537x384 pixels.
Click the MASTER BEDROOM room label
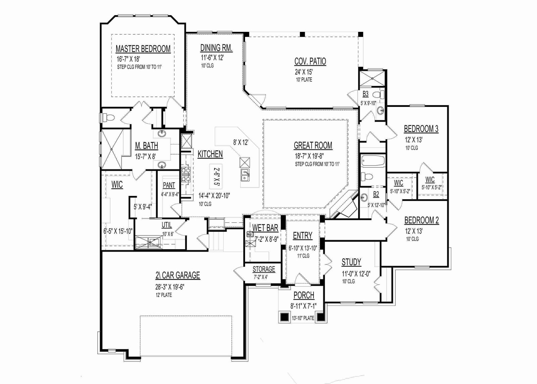coord(143,49)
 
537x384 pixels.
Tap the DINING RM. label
coord(216,48)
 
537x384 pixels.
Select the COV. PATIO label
coord(310,61)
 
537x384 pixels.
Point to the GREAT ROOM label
coord(313,145)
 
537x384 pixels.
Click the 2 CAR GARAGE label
coord(178,275)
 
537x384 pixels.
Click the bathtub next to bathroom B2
coord(373,160)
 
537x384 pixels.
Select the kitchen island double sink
coord(245,175)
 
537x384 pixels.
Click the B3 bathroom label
coord(365,94)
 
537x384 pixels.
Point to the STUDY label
coord(351,262)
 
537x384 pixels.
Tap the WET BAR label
coord(265,228)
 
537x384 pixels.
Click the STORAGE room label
coord(264,269)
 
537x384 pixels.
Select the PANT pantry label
coord(169,185)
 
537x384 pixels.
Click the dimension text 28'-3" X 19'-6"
coord(170,287)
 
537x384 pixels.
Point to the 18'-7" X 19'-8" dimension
coord(309,156)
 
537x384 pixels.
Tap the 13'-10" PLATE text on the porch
coord(303,318)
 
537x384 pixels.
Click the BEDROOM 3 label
coord(421,129)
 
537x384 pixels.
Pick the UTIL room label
coord(166,225)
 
